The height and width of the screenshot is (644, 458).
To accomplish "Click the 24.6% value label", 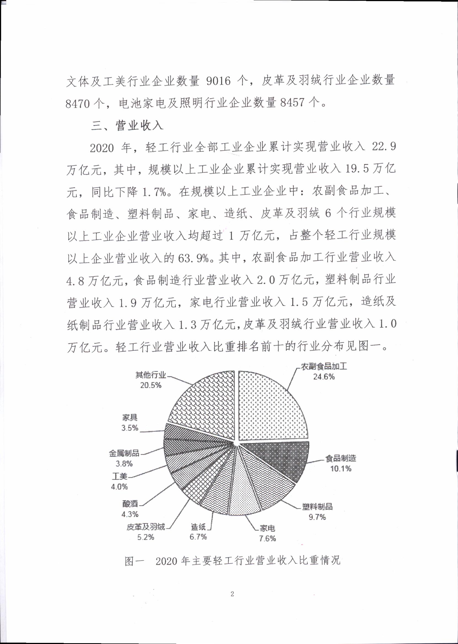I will click(x=324, y=377).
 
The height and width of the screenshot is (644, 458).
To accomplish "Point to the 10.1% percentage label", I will click(x=341, y=469).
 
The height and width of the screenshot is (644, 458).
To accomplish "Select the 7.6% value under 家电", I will click(x=267, y=538).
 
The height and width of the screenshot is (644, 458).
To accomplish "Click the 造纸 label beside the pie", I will click(x=198, y=526).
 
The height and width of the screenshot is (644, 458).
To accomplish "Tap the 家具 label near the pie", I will click(x=130, y=418).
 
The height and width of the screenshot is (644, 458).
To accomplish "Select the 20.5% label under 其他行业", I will click(x=151, y=385).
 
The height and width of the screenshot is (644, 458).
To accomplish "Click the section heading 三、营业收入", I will click(x=127, y=125).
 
